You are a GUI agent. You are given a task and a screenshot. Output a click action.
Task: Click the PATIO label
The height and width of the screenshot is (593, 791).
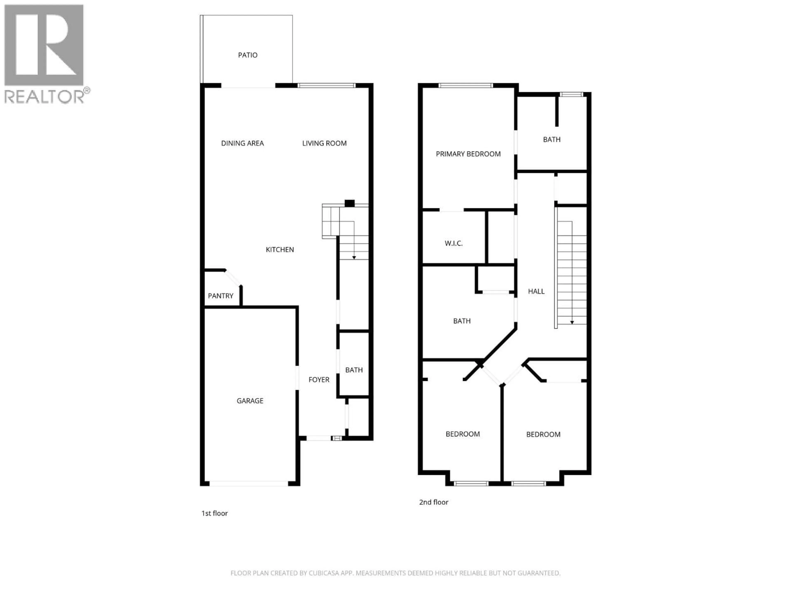click(x=247, y=55)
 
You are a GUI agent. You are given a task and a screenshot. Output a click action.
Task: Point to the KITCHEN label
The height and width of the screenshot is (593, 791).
click(x=280, y=250)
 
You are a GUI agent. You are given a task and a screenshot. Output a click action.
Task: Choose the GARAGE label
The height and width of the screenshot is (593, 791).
click(x=250, y=401)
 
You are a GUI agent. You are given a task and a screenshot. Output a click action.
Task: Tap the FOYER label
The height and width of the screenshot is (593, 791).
click(x=319, y=380)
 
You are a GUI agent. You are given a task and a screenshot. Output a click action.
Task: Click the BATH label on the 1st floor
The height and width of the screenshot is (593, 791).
click(x=354, y=370)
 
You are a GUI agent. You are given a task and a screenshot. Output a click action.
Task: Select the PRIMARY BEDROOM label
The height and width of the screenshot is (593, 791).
click(x=468, y=154)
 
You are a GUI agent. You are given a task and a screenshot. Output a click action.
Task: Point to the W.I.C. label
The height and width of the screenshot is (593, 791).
click(x=453, y=243)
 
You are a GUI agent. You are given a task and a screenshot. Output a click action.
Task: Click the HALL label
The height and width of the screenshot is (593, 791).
click(x=536, y=291)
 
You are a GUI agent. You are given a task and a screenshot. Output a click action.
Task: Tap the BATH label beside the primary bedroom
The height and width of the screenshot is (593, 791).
click(x=551, y=139)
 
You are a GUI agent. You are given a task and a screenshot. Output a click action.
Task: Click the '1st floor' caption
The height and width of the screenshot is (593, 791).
click(x=215, y=513)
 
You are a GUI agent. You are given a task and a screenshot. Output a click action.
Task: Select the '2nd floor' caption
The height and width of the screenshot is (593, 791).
click(x=433, y=502)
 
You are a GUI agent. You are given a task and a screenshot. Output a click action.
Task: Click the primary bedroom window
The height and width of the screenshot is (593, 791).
click(x=465, y=85)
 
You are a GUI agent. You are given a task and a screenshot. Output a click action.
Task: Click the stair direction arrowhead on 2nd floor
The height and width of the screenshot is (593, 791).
click(x=572, y=322)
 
